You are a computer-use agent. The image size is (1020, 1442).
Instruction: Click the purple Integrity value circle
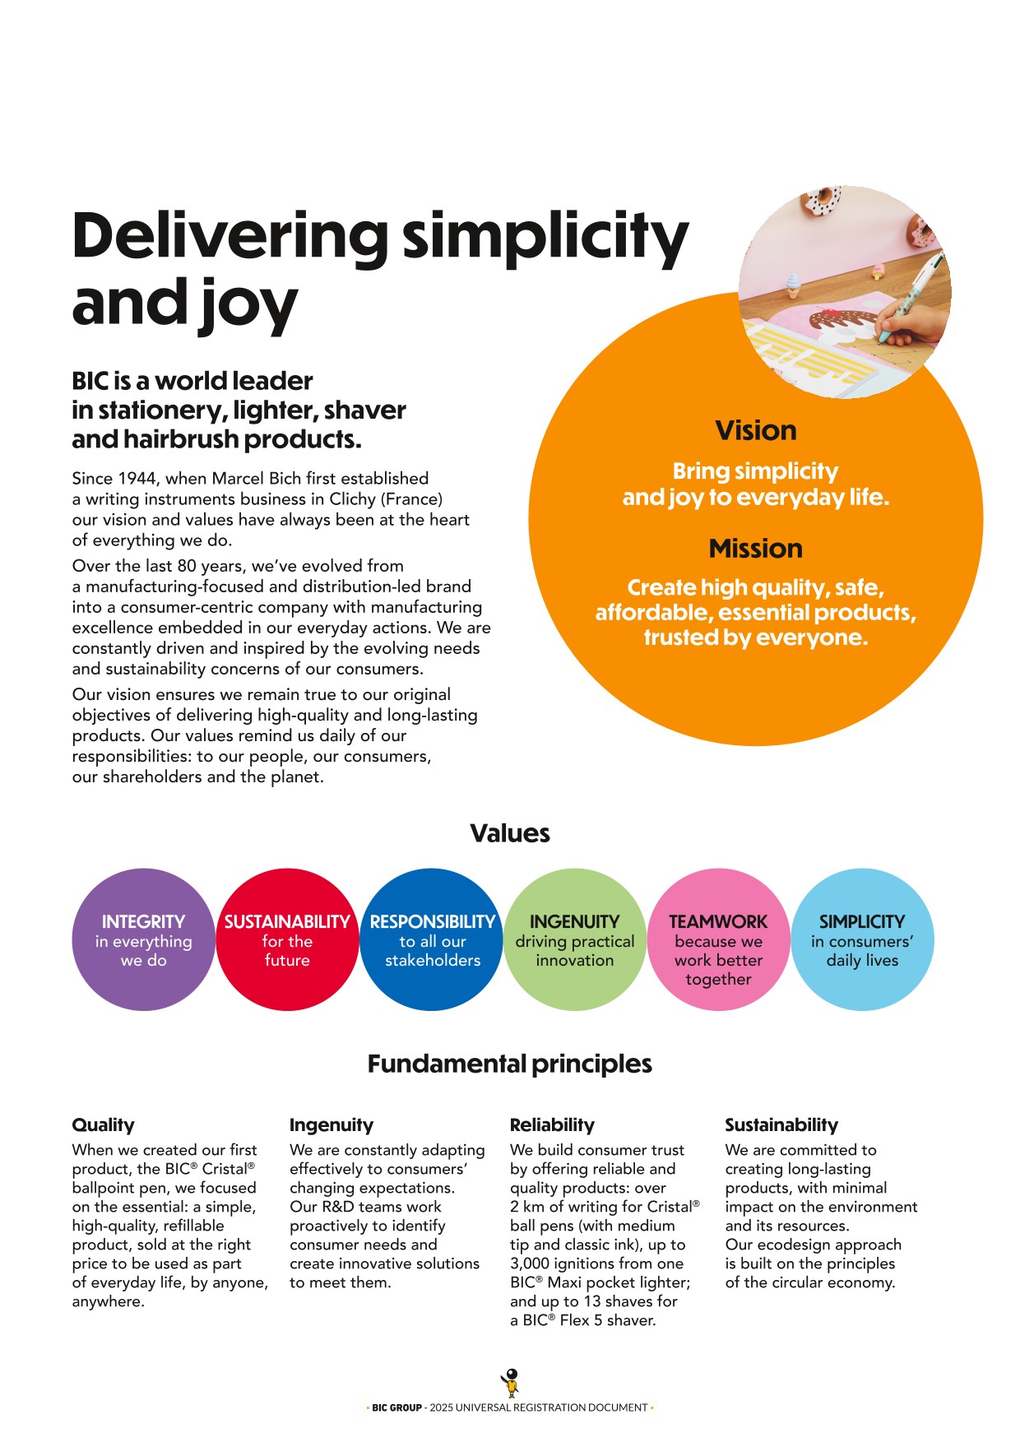[x=143, y=939]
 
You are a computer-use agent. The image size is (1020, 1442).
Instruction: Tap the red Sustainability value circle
[x=287, y=939]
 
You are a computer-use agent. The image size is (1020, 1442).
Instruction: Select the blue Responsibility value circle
[x=432, y=939]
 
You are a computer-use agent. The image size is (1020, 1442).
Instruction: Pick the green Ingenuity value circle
[x=575, y=939]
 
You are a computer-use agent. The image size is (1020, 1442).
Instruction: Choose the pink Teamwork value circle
[x=718, y=939]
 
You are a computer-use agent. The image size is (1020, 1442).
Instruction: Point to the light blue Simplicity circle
[x=862, y=939]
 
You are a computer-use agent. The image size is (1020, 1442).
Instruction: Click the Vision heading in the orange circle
[x=755, y=430]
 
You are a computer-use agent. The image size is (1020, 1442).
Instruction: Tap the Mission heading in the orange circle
[x=755, y=549]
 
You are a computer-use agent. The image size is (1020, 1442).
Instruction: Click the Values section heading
[x=510, y=833]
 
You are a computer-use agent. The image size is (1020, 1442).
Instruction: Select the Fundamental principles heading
[x=510, y=1064]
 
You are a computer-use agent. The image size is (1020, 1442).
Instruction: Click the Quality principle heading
[x=103, y=1124]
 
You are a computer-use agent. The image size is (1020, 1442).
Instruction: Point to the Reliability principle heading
[x=552, y=1124]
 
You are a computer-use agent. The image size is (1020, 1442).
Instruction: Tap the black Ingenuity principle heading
[x=331, y=1124]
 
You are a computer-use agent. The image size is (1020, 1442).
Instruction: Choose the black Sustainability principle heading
[x=781, y=1124]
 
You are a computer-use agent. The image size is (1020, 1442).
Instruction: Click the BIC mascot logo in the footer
[x=511, y=1383]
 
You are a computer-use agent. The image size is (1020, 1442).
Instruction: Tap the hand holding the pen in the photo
[x=909, y=327]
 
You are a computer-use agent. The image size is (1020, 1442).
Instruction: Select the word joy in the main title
[x=245, y=304]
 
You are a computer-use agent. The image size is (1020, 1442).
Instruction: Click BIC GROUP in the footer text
[x=396, y=1407]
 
